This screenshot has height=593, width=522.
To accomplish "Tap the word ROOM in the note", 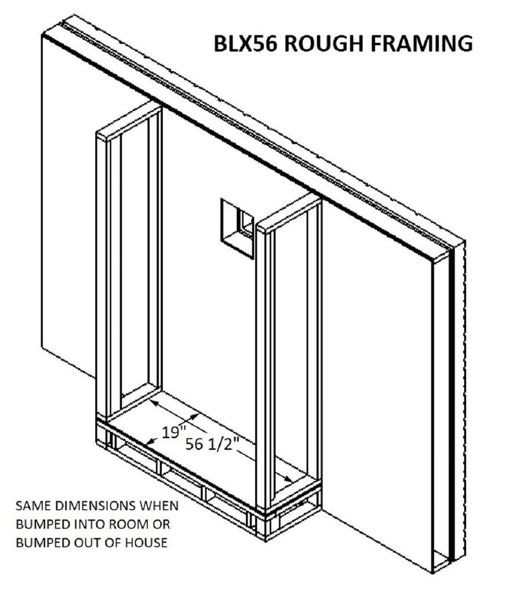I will [x=128, y=524].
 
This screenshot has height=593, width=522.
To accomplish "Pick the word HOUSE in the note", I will [x=148, y=543].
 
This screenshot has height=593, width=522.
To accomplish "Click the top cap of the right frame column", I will [x=288, y=215].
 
